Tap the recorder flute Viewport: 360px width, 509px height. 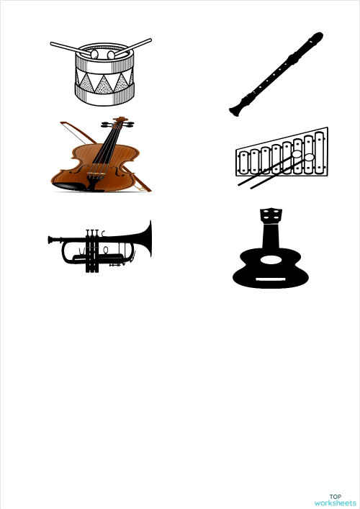276,74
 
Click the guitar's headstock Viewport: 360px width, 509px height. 270,215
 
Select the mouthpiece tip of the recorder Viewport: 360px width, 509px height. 318,36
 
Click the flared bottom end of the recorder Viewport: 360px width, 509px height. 234,111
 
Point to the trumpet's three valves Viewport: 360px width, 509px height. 91,248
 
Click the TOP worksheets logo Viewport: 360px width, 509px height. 336,500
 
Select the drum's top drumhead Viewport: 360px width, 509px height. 104,54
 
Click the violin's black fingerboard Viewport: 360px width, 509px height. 108,148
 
